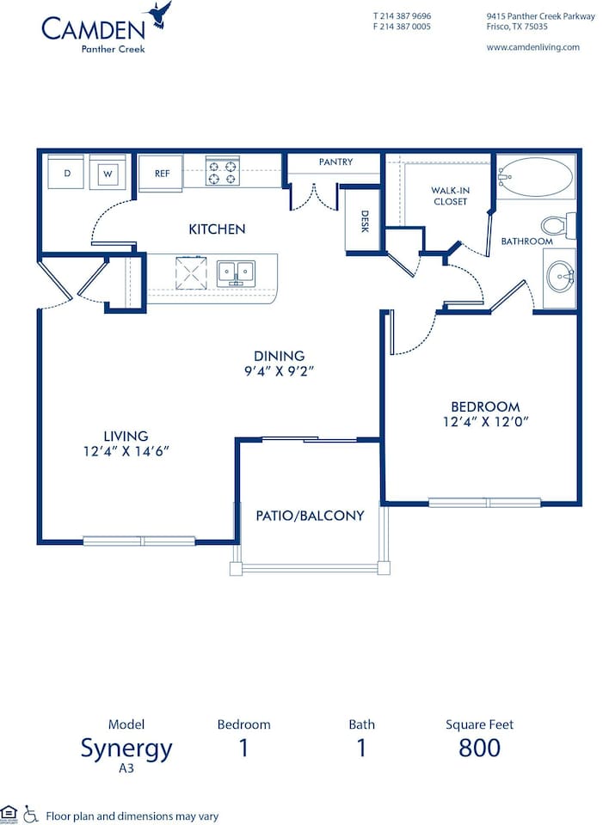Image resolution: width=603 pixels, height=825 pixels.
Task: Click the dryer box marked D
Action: [x=66, y=172]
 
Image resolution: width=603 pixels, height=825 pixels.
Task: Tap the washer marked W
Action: [x=108, y=172]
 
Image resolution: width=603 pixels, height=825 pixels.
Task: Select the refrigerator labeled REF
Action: [x=162, y=173]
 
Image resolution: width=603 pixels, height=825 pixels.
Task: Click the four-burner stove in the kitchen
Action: [x=221, y=172]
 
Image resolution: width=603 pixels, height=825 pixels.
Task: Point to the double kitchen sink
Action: [x=235, y=272]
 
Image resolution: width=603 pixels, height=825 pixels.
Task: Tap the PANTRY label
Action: [x=335, y=162]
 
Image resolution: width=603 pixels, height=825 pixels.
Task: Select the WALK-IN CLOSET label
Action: [x=450, y=196]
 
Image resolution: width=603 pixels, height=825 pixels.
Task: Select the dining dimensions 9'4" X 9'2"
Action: [x=279, y=371]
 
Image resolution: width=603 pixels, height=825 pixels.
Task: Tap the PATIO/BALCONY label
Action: [x=310, y=516]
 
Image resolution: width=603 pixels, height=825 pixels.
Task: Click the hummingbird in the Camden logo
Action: [x=159, y=15]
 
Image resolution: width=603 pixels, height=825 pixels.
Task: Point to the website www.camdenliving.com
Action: [x=532, y=47]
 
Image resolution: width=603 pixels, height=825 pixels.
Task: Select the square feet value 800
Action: [x=479, y=748]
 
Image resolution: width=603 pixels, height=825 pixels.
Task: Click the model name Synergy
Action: [x=126, y=749]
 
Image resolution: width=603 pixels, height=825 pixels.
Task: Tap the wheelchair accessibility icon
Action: [x=31, y=812]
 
